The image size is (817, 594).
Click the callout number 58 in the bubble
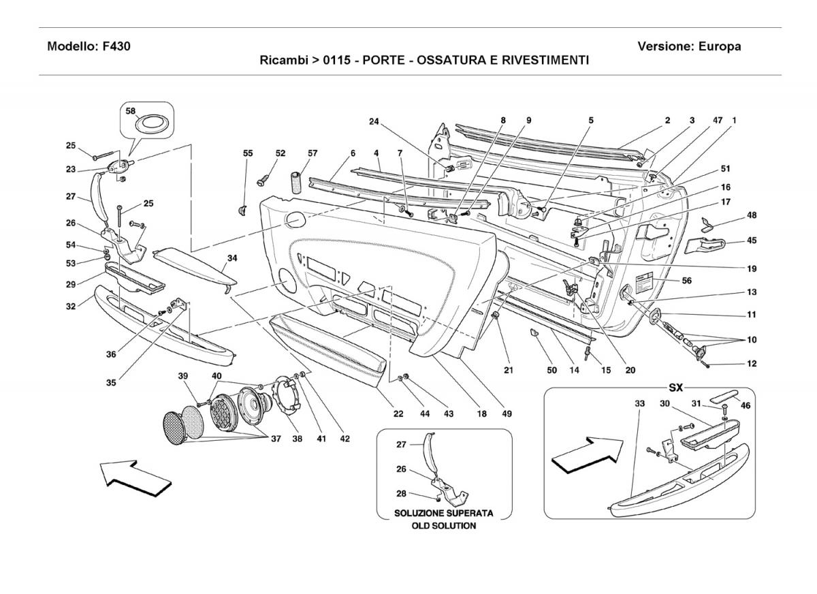(131, 111)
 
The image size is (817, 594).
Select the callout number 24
(374, 123)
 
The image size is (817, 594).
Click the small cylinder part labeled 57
(297, 183)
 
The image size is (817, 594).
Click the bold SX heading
(675, 388)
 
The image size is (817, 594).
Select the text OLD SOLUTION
(444, 526)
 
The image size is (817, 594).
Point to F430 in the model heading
(116, 47)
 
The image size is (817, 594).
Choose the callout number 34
(232, 259)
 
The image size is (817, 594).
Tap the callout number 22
(398, 413)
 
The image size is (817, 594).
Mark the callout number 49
(507, 413)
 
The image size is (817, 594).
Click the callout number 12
(752, 364)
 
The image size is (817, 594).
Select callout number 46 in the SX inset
(746, 406)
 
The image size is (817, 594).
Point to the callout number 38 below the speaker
(298, 439)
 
